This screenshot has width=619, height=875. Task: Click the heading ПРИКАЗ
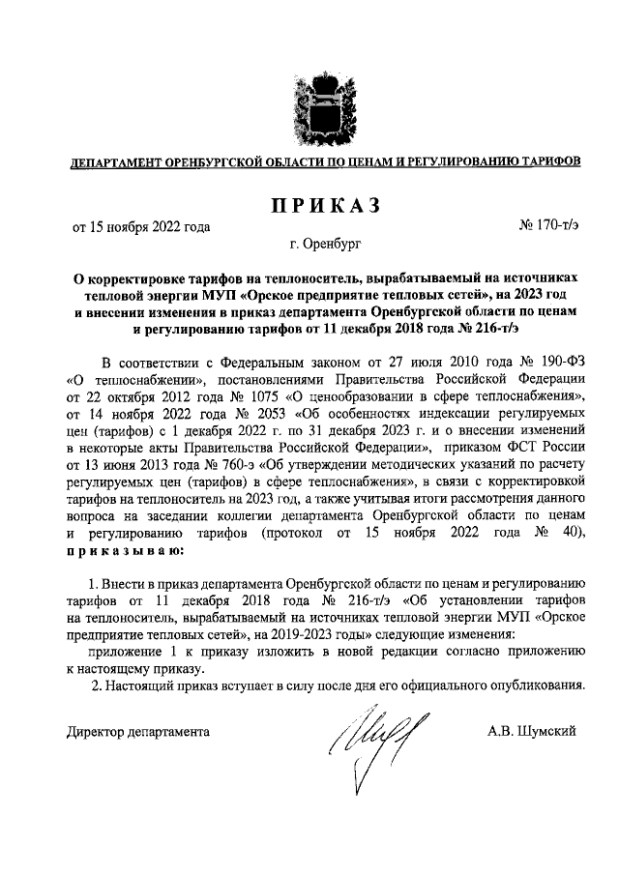click(319, 204)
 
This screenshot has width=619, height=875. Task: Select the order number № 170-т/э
click(548, 227)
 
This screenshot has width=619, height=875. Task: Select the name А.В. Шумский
click(533, 731)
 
